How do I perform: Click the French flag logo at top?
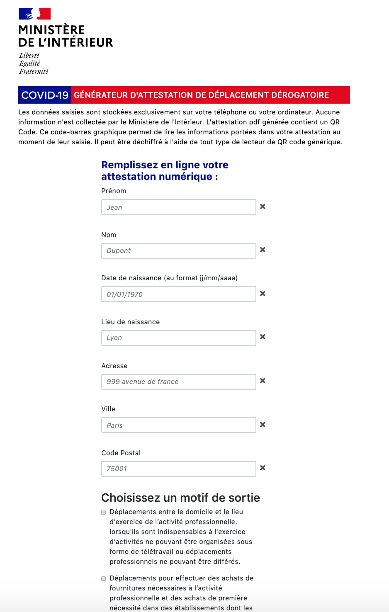coord(34,14)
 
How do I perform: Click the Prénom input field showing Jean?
coord(178,207)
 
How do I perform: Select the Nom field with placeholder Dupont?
coord(178,251)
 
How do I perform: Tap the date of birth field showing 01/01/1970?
coord(178,294)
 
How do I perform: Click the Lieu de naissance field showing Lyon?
coord(178,338)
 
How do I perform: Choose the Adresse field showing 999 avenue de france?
coord(178,382)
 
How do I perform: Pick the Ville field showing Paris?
coord(178,425)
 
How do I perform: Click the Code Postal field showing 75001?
coord(178,469)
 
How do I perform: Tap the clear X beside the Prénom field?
coord(263,206)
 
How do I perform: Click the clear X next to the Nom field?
coord(263,250)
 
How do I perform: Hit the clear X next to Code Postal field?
coord(263,468)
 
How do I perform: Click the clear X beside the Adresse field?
coord(263,381)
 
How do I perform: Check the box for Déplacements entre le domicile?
coord(104,512)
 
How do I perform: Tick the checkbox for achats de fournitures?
coord(104,579)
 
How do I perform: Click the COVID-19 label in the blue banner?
coord(45,95)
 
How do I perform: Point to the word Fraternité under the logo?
coord(34,71)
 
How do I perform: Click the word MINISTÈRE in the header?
coord(51,30)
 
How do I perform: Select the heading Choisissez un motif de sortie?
coord(180,498)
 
